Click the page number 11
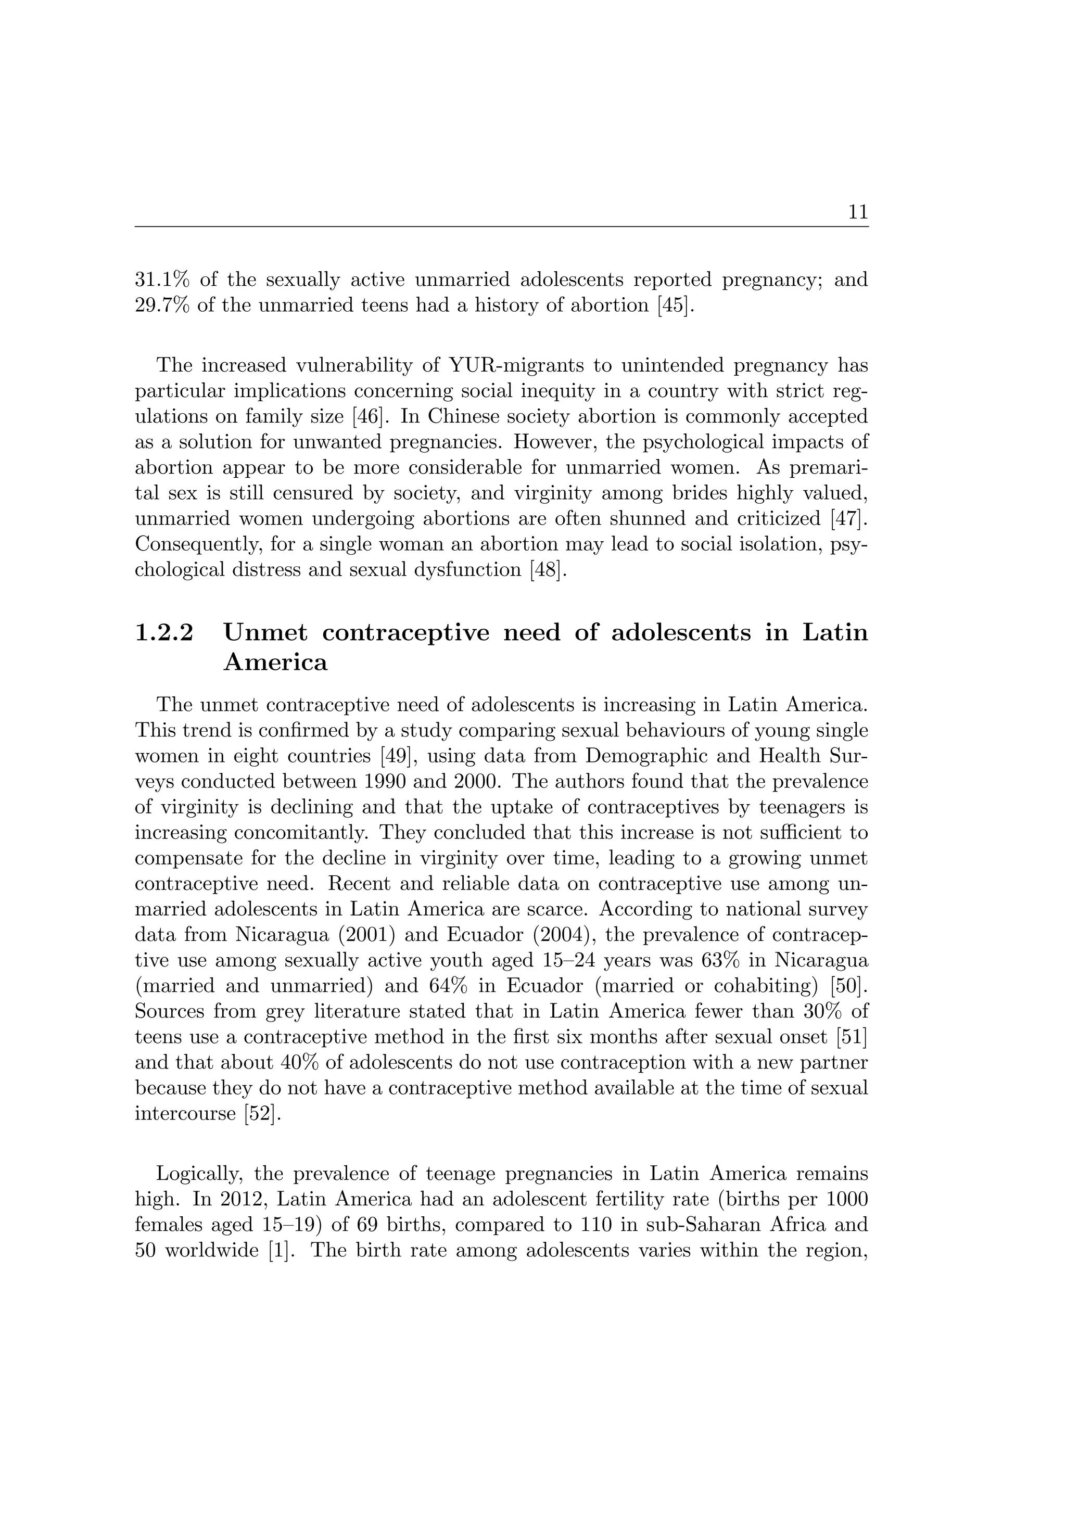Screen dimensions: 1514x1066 coord(858,212)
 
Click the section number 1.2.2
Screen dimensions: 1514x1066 coord(164,632)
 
